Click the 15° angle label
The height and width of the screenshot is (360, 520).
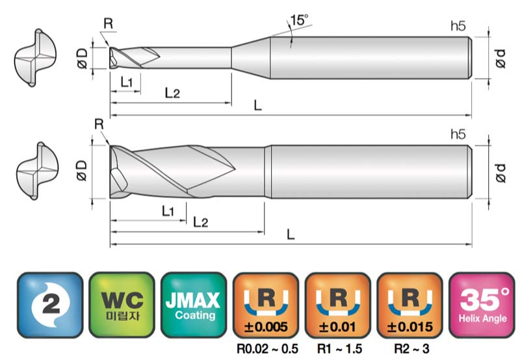coord(299,20)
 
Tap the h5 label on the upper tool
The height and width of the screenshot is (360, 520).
coord(458,25)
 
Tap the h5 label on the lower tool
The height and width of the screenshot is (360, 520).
coord(458,135)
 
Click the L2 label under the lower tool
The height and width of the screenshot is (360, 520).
coord(200,222)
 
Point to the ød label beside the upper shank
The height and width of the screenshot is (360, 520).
coord(500,58)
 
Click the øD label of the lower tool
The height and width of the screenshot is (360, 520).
coord(82,171)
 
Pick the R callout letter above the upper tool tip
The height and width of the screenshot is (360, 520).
coord(109,23)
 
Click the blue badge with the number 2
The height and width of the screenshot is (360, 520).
coord(50,305)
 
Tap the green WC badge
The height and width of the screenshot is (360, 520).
coord(122,305)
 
